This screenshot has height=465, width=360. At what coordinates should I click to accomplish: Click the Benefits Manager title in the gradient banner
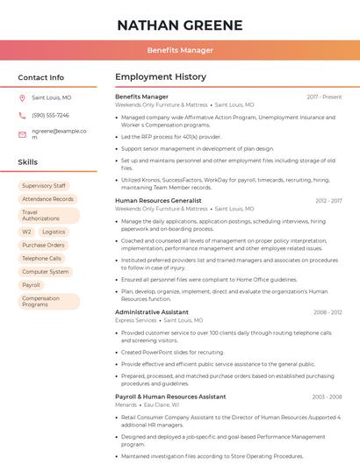click(x=180, y=50)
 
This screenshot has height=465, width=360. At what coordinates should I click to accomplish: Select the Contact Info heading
click(x=40, y=77)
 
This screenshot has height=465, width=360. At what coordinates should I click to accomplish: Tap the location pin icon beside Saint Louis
click(x=22, y=98)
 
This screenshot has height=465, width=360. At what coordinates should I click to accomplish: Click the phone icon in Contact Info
click(x=22, y=115)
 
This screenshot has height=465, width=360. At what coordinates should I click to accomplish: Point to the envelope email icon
click(x=22, y=134)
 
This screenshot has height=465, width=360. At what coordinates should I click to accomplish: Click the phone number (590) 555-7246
click(x=50, y=115)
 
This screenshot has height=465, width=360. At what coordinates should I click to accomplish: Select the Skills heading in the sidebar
click(x=28, y=162)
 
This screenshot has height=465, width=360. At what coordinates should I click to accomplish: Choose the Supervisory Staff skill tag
click(x=44, y=186)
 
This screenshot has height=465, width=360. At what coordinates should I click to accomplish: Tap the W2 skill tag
click(x=26, y=232)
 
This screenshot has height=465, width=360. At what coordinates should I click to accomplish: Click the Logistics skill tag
click(x=54, y=232)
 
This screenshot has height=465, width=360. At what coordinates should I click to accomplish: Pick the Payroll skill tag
click(x=31, y=285)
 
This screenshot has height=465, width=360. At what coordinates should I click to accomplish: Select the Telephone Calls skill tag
click(x=41, y=259)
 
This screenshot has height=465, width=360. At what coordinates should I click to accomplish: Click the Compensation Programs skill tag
click(x=41, y=301)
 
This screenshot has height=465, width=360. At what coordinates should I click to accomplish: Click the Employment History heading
click(x=161, y=77)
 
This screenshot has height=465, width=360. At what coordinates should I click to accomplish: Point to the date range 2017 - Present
click(x=324, y=97)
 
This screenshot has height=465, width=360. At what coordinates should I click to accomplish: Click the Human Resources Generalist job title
click(x=158, y=201)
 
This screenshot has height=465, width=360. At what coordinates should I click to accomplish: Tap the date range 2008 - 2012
click(x=328, y=312)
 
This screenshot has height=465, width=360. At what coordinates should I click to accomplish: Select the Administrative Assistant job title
click(x=151, y=312)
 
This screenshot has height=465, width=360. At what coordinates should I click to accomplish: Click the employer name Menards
click(x=126, y=405)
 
